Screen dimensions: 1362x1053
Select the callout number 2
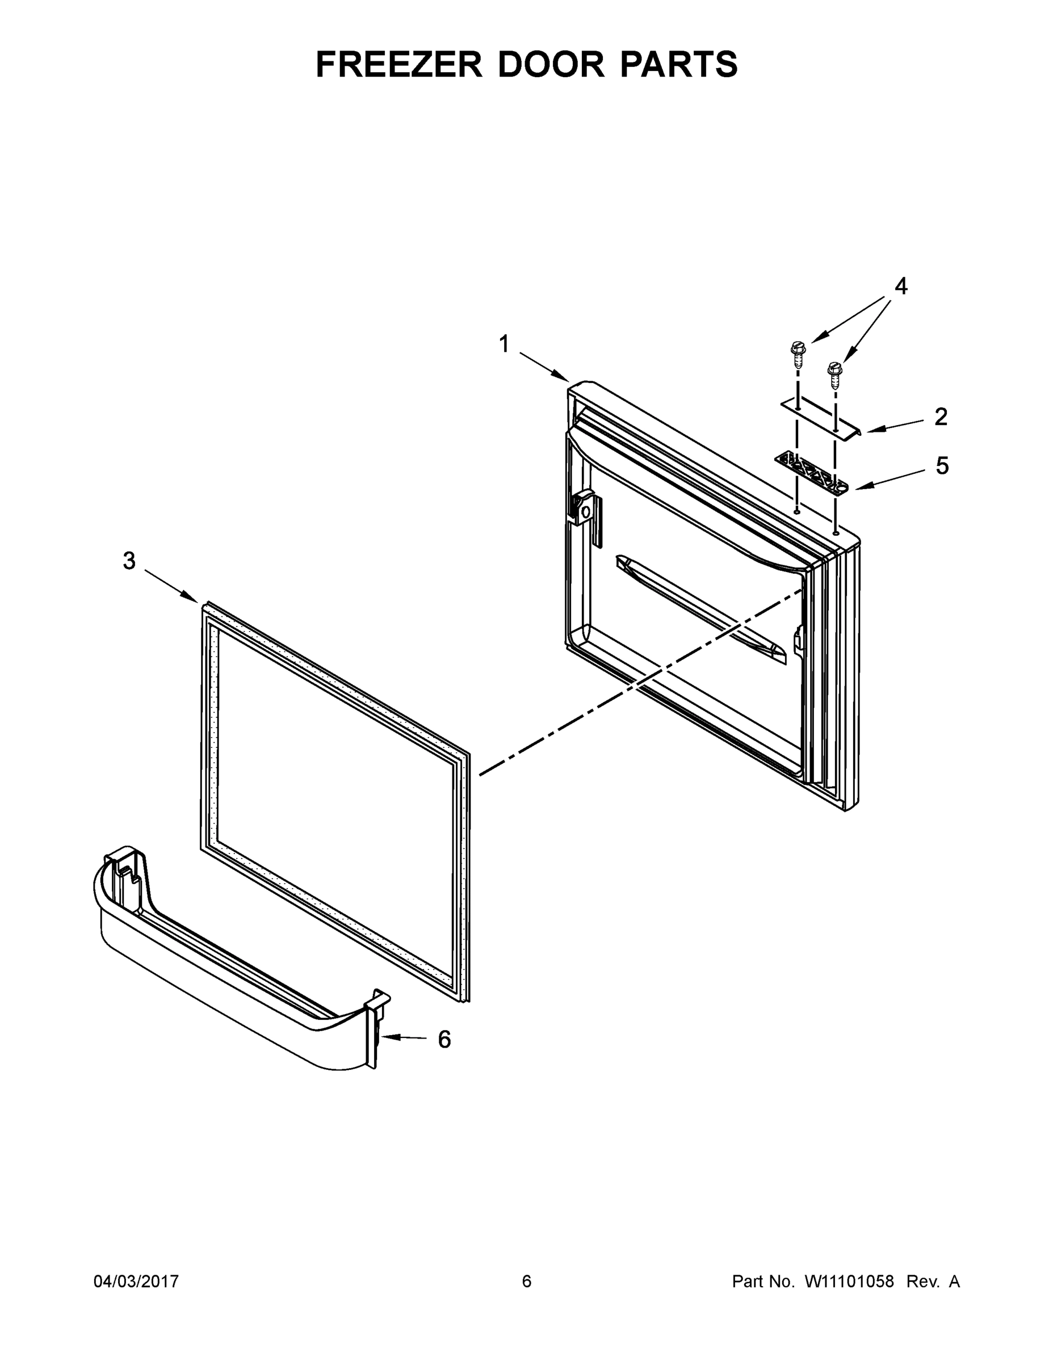941,417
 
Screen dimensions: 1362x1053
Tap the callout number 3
128,561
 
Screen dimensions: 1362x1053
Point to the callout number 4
901,286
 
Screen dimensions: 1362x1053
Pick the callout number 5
942,466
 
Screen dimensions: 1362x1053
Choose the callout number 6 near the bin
444,1040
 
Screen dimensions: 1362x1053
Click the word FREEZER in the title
399,64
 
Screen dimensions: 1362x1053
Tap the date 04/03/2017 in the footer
136,1281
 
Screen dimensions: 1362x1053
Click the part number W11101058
849,1281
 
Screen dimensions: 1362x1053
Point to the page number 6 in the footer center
527,1281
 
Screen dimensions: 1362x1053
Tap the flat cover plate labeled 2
822,420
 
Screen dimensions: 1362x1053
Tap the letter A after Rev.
954,1281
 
